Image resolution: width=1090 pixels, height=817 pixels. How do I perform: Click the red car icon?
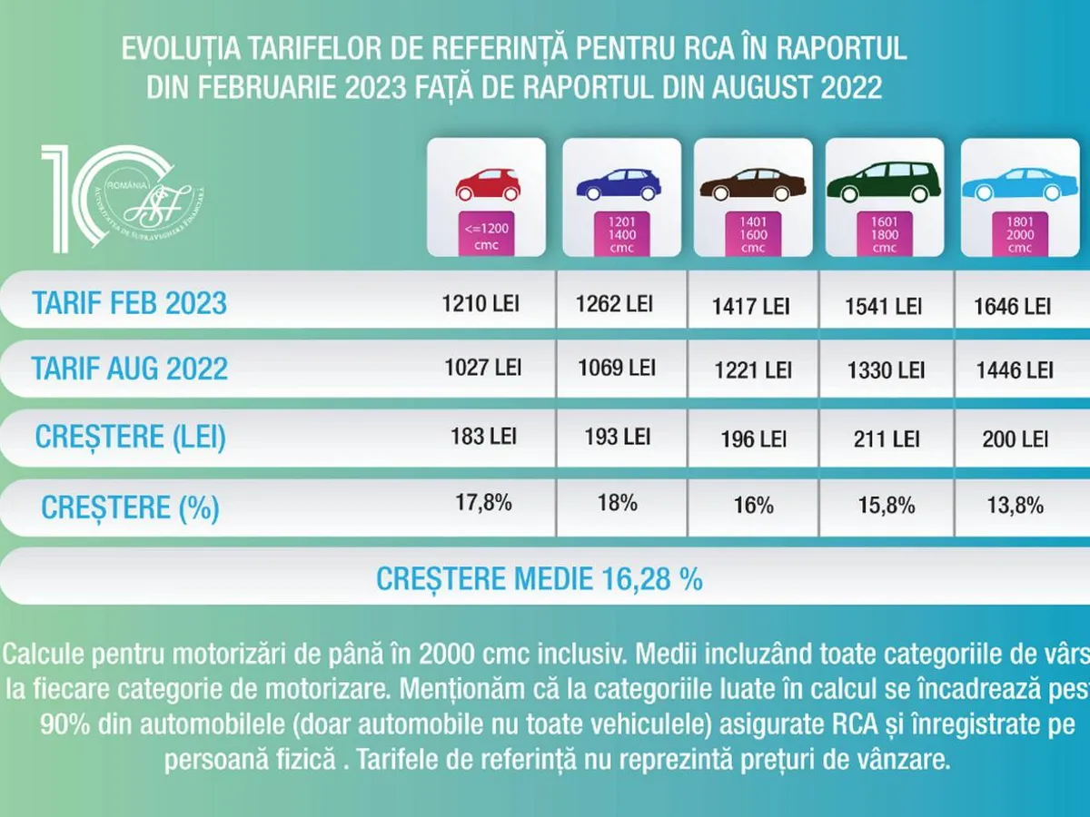(x=488, y=184)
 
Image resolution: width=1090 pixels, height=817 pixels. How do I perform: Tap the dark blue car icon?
(x=619, y=184)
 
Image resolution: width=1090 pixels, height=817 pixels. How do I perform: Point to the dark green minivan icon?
(x=880, y=182)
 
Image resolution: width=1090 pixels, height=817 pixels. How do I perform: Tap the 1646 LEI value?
(x=1012, y=306)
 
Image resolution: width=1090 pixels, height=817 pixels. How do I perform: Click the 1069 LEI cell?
(x=616, y=368)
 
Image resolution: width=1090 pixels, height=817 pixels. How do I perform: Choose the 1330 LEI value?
(x=885, y=369)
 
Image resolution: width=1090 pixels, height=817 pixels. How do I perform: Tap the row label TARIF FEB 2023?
(x=129, y=303)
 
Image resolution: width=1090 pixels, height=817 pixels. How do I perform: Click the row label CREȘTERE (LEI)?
(x=130, y=438)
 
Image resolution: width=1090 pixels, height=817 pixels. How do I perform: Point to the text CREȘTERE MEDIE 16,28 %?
(x=540, y=579)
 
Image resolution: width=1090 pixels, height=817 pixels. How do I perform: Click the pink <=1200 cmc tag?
(x=486, y=235)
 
